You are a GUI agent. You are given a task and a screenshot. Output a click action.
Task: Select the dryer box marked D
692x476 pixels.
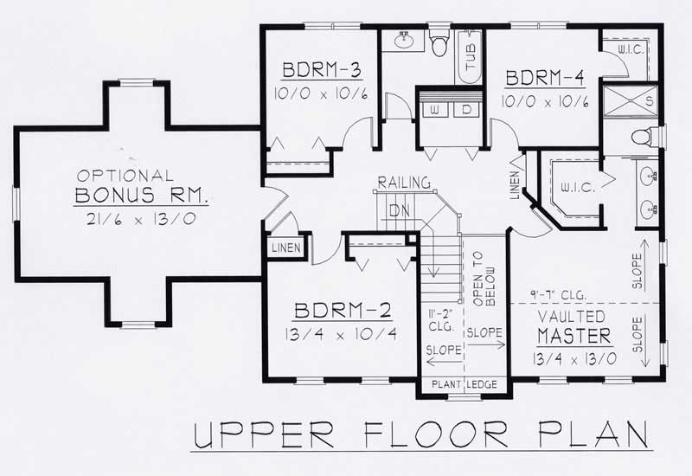pos(465,111)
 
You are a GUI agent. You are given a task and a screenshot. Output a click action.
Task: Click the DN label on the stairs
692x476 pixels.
pos(399,209)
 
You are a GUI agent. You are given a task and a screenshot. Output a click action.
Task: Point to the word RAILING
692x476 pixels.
pos(403,183)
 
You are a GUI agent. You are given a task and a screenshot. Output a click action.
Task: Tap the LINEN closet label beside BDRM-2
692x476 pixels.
pos(285,248)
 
